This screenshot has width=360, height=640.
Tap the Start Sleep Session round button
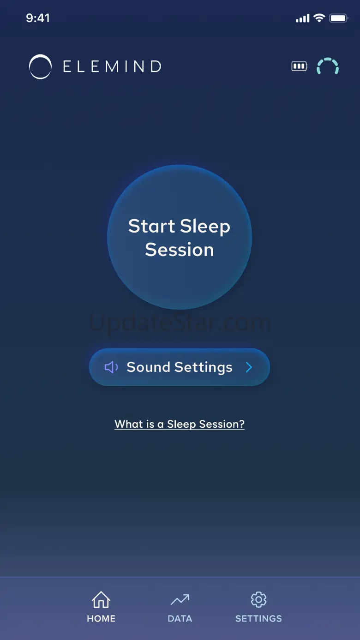(x=180, y=237)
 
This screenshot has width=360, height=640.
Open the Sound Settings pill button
(x=180, y=367)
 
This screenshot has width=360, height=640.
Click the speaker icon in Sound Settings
(x=111, y=367)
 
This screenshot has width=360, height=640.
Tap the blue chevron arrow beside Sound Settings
(x=249, y=367)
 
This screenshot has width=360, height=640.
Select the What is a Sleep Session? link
(x=180, y=424)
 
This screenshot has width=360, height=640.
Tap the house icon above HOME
(x=101, y=599)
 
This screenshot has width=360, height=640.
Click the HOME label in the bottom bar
(x=101, y=619)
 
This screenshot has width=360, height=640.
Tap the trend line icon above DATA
(x=180, y=599)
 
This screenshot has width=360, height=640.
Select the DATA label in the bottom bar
(x=180, y=619)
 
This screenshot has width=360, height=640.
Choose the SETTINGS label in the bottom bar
(x=258, y=619)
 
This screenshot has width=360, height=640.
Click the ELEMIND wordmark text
(x=112, y=66)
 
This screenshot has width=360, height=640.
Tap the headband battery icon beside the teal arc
(x=299, y=66)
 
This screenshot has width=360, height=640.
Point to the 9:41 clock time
(x=38, y=18)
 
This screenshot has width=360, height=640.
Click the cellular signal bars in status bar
(x=303, y=18)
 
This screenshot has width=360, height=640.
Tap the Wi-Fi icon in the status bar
(x=319, y=18)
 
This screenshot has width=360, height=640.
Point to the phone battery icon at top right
(x=339, y=18)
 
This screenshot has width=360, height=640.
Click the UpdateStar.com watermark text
(x=180, y=323)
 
